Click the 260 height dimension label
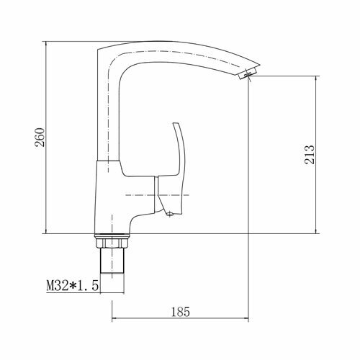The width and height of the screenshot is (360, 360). tap(40, 138)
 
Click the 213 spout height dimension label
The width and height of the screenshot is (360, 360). tap(310, 154)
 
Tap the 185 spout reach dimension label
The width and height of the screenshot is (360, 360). tap(181, 312)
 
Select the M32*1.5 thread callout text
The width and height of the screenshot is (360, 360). tap(73, 286)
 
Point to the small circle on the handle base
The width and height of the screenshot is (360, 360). tap(170, 214)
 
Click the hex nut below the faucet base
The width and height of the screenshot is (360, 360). tap(112, 241)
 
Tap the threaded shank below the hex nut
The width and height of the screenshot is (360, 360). tap(112, 261)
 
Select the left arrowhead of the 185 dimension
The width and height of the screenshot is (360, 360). tap(114, 318)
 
